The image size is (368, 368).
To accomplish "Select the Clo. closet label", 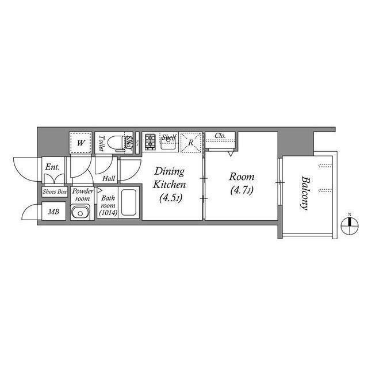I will pos(220,136).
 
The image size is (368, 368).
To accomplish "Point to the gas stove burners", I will pos(150,141).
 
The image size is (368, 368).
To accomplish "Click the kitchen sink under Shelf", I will pos(168,144).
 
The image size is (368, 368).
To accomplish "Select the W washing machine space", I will pos(81,141).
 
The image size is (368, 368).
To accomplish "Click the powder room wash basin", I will pos(79,212).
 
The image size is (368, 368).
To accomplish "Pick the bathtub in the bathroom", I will pos(129,204).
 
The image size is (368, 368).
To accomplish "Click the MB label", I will pos(53,212).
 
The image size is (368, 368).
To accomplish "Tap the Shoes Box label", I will pos(54,191).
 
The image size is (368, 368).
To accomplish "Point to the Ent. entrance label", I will pos(52,167).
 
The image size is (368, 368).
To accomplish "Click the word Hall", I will pos(108,179).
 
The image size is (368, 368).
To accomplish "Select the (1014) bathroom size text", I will pos(108,213).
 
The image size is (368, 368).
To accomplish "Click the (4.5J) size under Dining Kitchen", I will pos(169,199).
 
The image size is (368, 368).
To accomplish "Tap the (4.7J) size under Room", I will pos(241,190).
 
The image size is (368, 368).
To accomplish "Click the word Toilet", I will pos(101,143).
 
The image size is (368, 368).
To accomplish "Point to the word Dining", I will pos(170,172).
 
